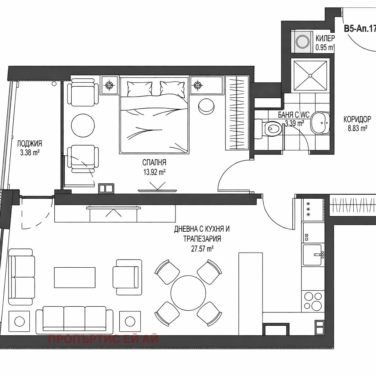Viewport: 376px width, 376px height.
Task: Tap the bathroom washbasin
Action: (x=320, y=123)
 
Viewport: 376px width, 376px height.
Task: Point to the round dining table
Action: (x=188, y=293)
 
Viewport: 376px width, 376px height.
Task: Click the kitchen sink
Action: (x=313, y=255)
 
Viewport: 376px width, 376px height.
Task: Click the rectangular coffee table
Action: (x=75, y=278)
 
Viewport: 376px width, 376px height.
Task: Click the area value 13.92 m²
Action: (x=154, y=171)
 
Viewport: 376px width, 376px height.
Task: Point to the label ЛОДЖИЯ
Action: (x=30, y=144)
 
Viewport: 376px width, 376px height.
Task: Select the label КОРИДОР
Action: (x=357, y=119)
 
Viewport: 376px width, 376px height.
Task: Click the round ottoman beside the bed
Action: (x=206, y=106)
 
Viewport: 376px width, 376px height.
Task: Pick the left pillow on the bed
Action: (x=139, y=88)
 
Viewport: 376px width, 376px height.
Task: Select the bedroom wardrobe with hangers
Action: (x=236, y=112)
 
